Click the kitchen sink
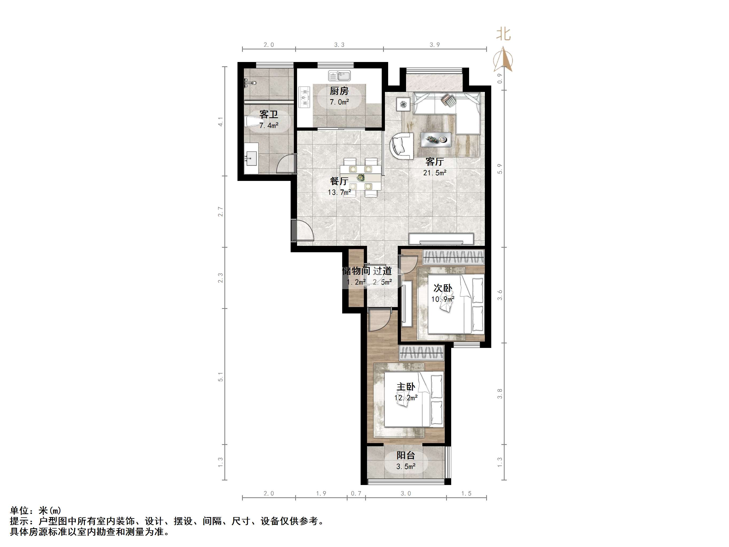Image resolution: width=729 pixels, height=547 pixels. [340, 76]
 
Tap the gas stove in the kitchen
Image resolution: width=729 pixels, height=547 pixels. [305, 97]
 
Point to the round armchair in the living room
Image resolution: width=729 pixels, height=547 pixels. [402, 146]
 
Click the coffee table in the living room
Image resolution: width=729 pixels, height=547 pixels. [436, 140]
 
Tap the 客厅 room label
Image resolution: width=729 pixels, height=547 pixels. [434, 162]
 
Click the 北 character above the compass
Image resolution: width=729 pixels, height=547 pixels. [503, 34]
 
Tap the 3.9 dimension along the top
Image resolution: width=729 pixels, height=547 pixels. [435, 45]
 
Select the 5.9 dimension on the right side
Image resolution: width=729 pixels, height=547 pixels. [500, 169]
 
